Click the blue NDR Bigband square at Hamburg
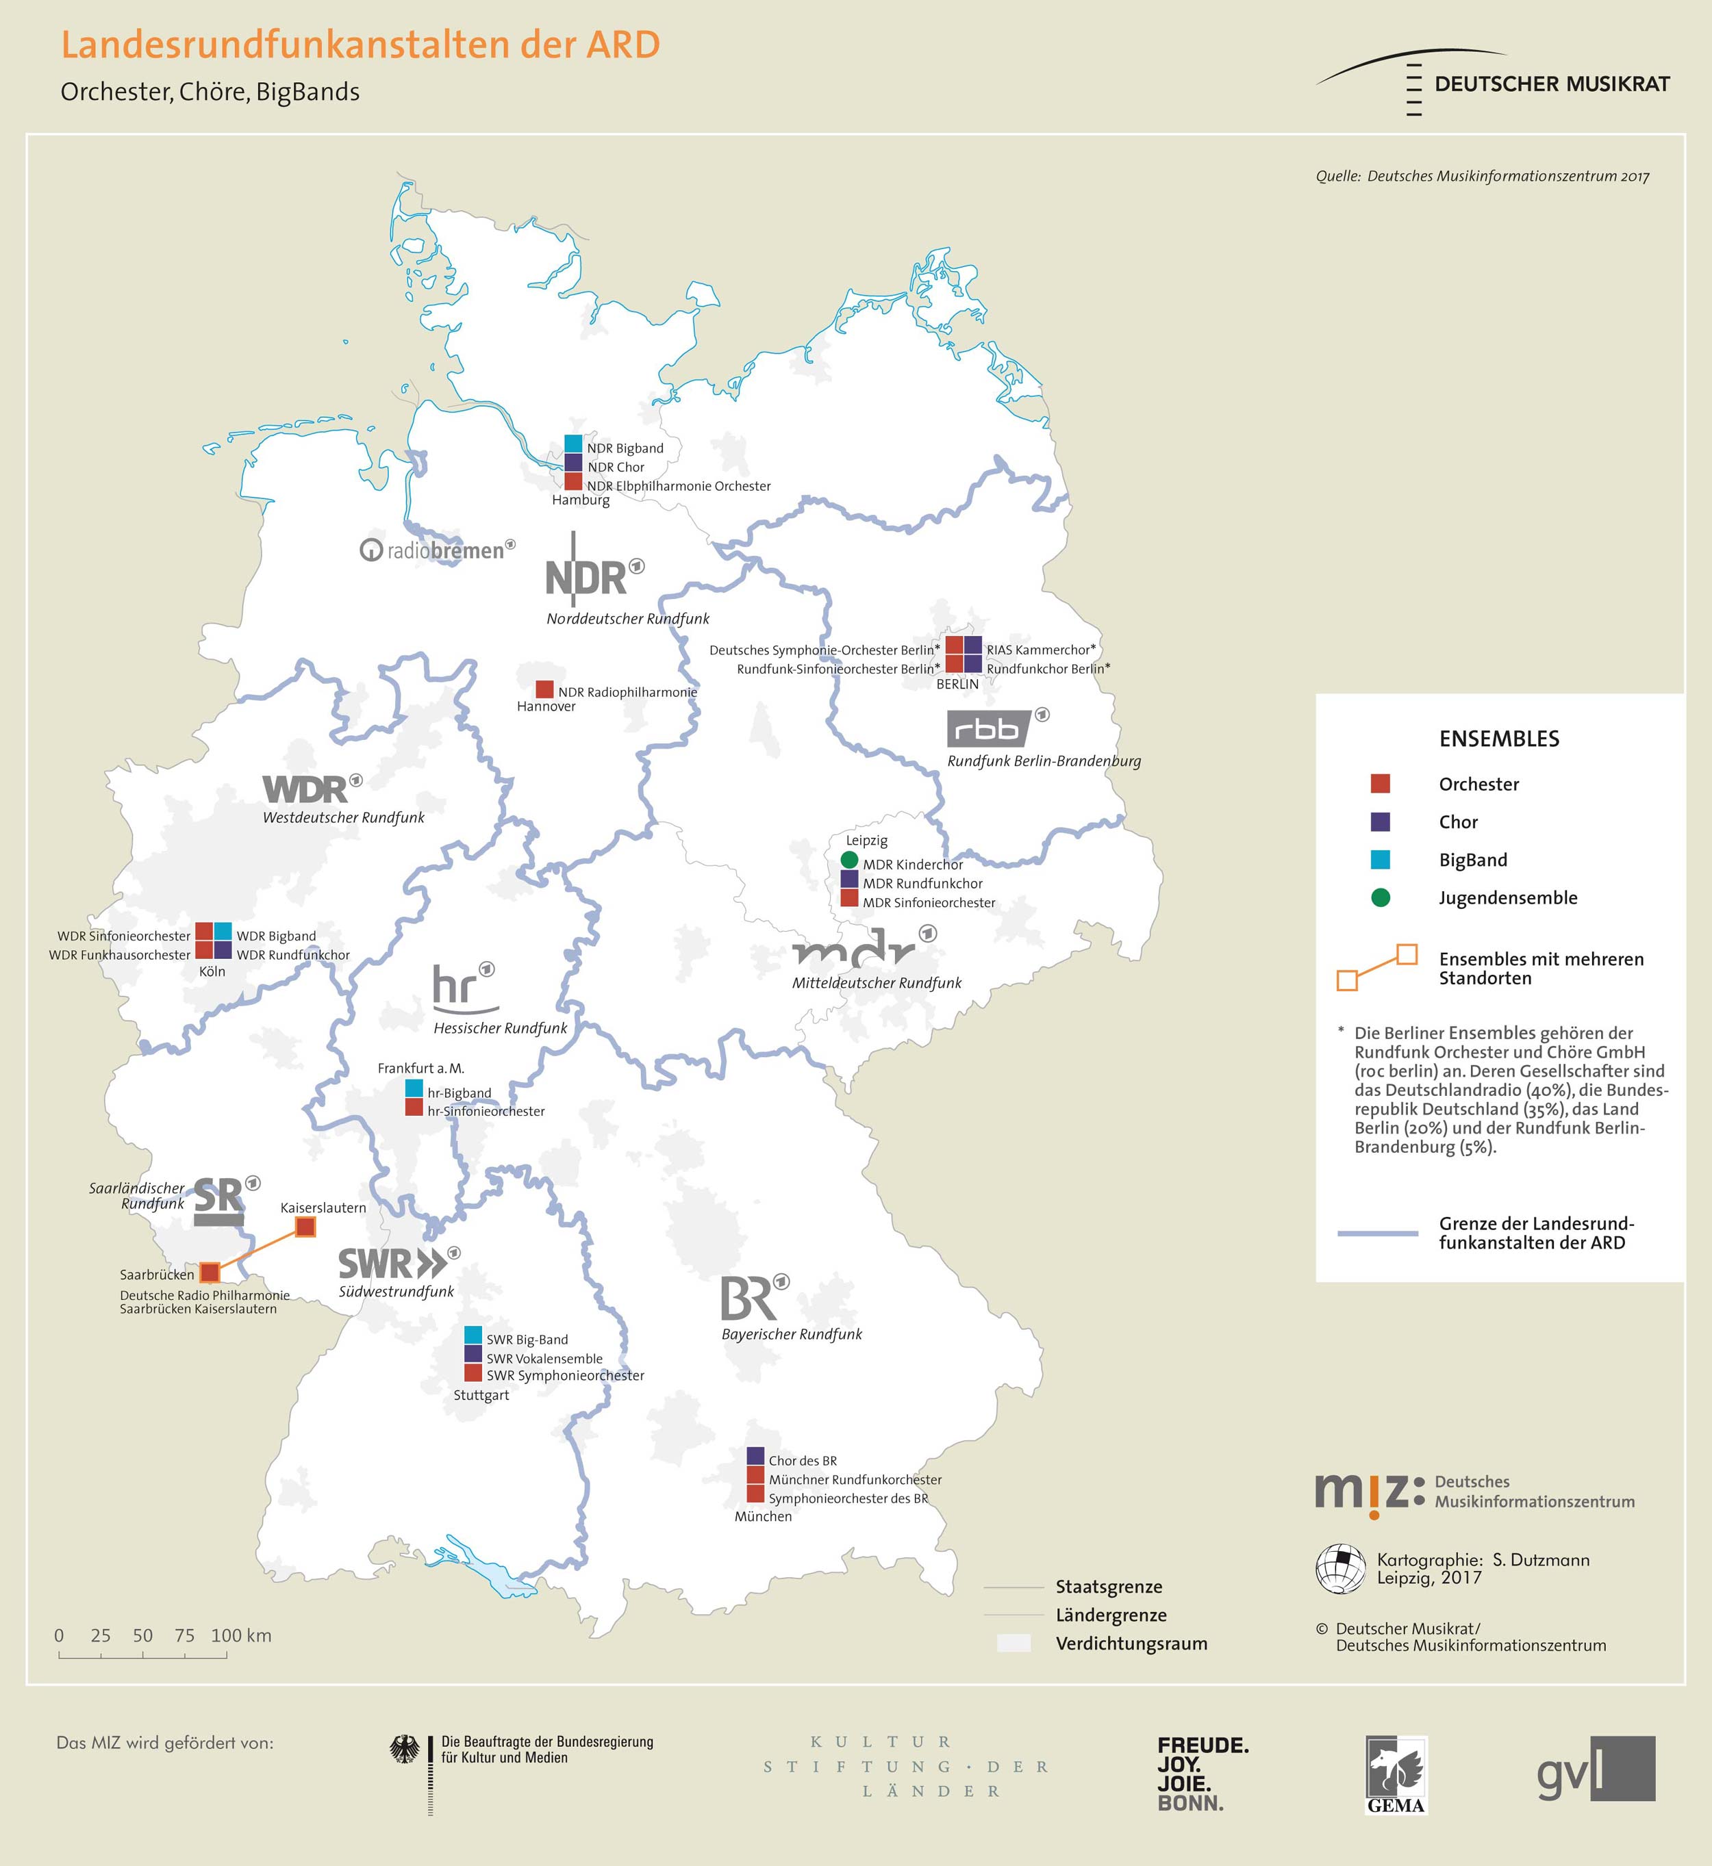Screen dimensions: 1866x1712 [x=573, y=444]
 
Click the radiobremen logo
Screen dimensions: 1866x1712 [x=436, y=550]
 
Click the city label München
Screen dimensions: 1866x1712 [x=762, y=1516]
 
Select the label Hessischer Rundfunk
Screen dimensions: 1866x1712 [x=501, y=1028]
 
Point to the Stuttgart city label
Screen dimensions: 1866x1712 [x=481, y=1394]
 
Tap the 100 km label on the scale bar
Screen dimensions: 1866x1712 [x=241, y=1635]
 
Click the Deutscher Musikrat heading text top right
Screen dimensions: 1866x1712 [x=1551, y=84]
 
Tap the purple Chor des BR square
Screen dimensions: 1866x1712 [x=755, y=1456]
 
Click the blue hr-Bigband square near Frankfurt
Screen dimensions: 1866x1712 [x=414, y=1089]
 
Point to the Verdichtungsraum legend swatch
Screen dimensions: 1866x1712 [x=1013, y=1644]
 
